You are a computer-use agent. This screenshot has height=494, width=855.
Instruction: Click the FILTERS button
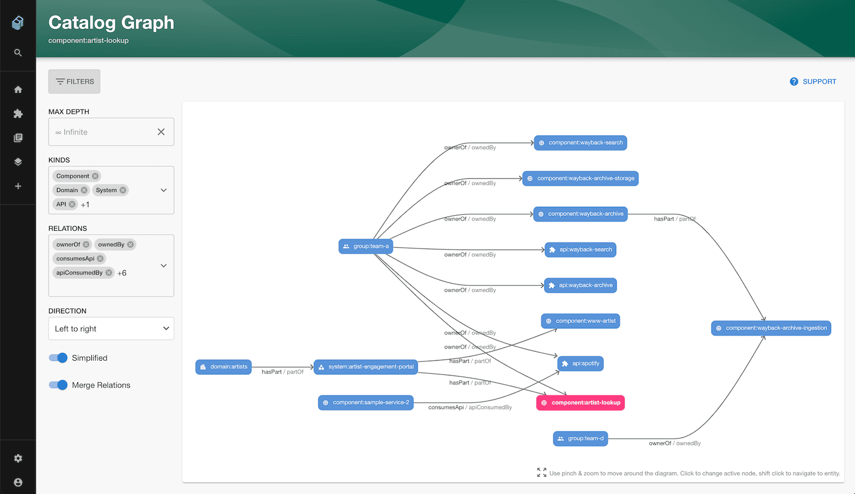74,81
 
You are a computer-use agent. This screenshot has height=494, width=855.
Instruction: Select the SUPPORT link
813,81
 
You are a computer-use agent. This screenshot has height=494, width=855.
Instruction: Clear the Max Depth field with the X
161,132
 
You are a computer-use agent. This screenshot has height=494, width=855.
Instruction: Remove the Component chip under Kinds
95,176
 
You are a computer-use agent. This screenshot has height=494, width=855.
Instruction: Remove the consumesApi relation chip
100,259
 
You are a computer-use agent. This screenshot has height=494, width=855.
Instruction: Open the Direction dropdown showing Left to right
111,328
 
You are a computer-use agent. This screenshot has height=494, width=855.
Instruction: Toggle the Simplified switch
58,358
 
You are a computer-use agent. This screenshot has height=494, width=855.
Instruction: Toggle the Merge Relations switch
58,385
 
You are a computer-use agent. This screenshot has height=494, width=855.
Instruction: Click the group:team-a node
366,246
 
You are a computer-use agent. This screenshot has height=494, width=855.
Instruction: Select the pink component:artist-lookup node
580,403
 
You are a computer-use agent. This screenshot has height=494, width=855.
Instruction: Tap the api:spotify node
580,364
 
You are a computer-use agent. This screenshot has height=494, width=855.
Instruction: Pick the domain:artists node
223,367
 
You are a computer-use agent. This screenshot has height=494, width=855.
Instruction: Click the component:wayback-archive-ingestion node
771,328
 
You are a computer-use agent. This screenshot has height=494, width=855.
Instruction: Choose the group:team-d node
580,439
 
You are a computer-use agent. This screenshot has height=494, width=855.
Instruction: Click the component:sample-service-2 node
366,402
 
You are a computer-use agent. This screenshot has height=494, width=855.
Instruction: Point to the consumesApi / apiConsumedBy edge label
470,407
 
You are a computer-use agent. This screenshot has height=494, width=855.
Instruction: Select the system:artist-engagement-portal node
366,367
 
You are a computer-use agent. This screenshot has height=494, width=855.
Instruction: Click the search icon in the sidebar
18,52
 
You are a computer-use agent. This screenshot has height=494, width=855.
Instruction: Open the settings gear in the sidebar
18,458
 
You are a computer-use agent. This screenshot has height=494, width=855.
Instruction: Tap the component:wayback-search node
580,143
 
